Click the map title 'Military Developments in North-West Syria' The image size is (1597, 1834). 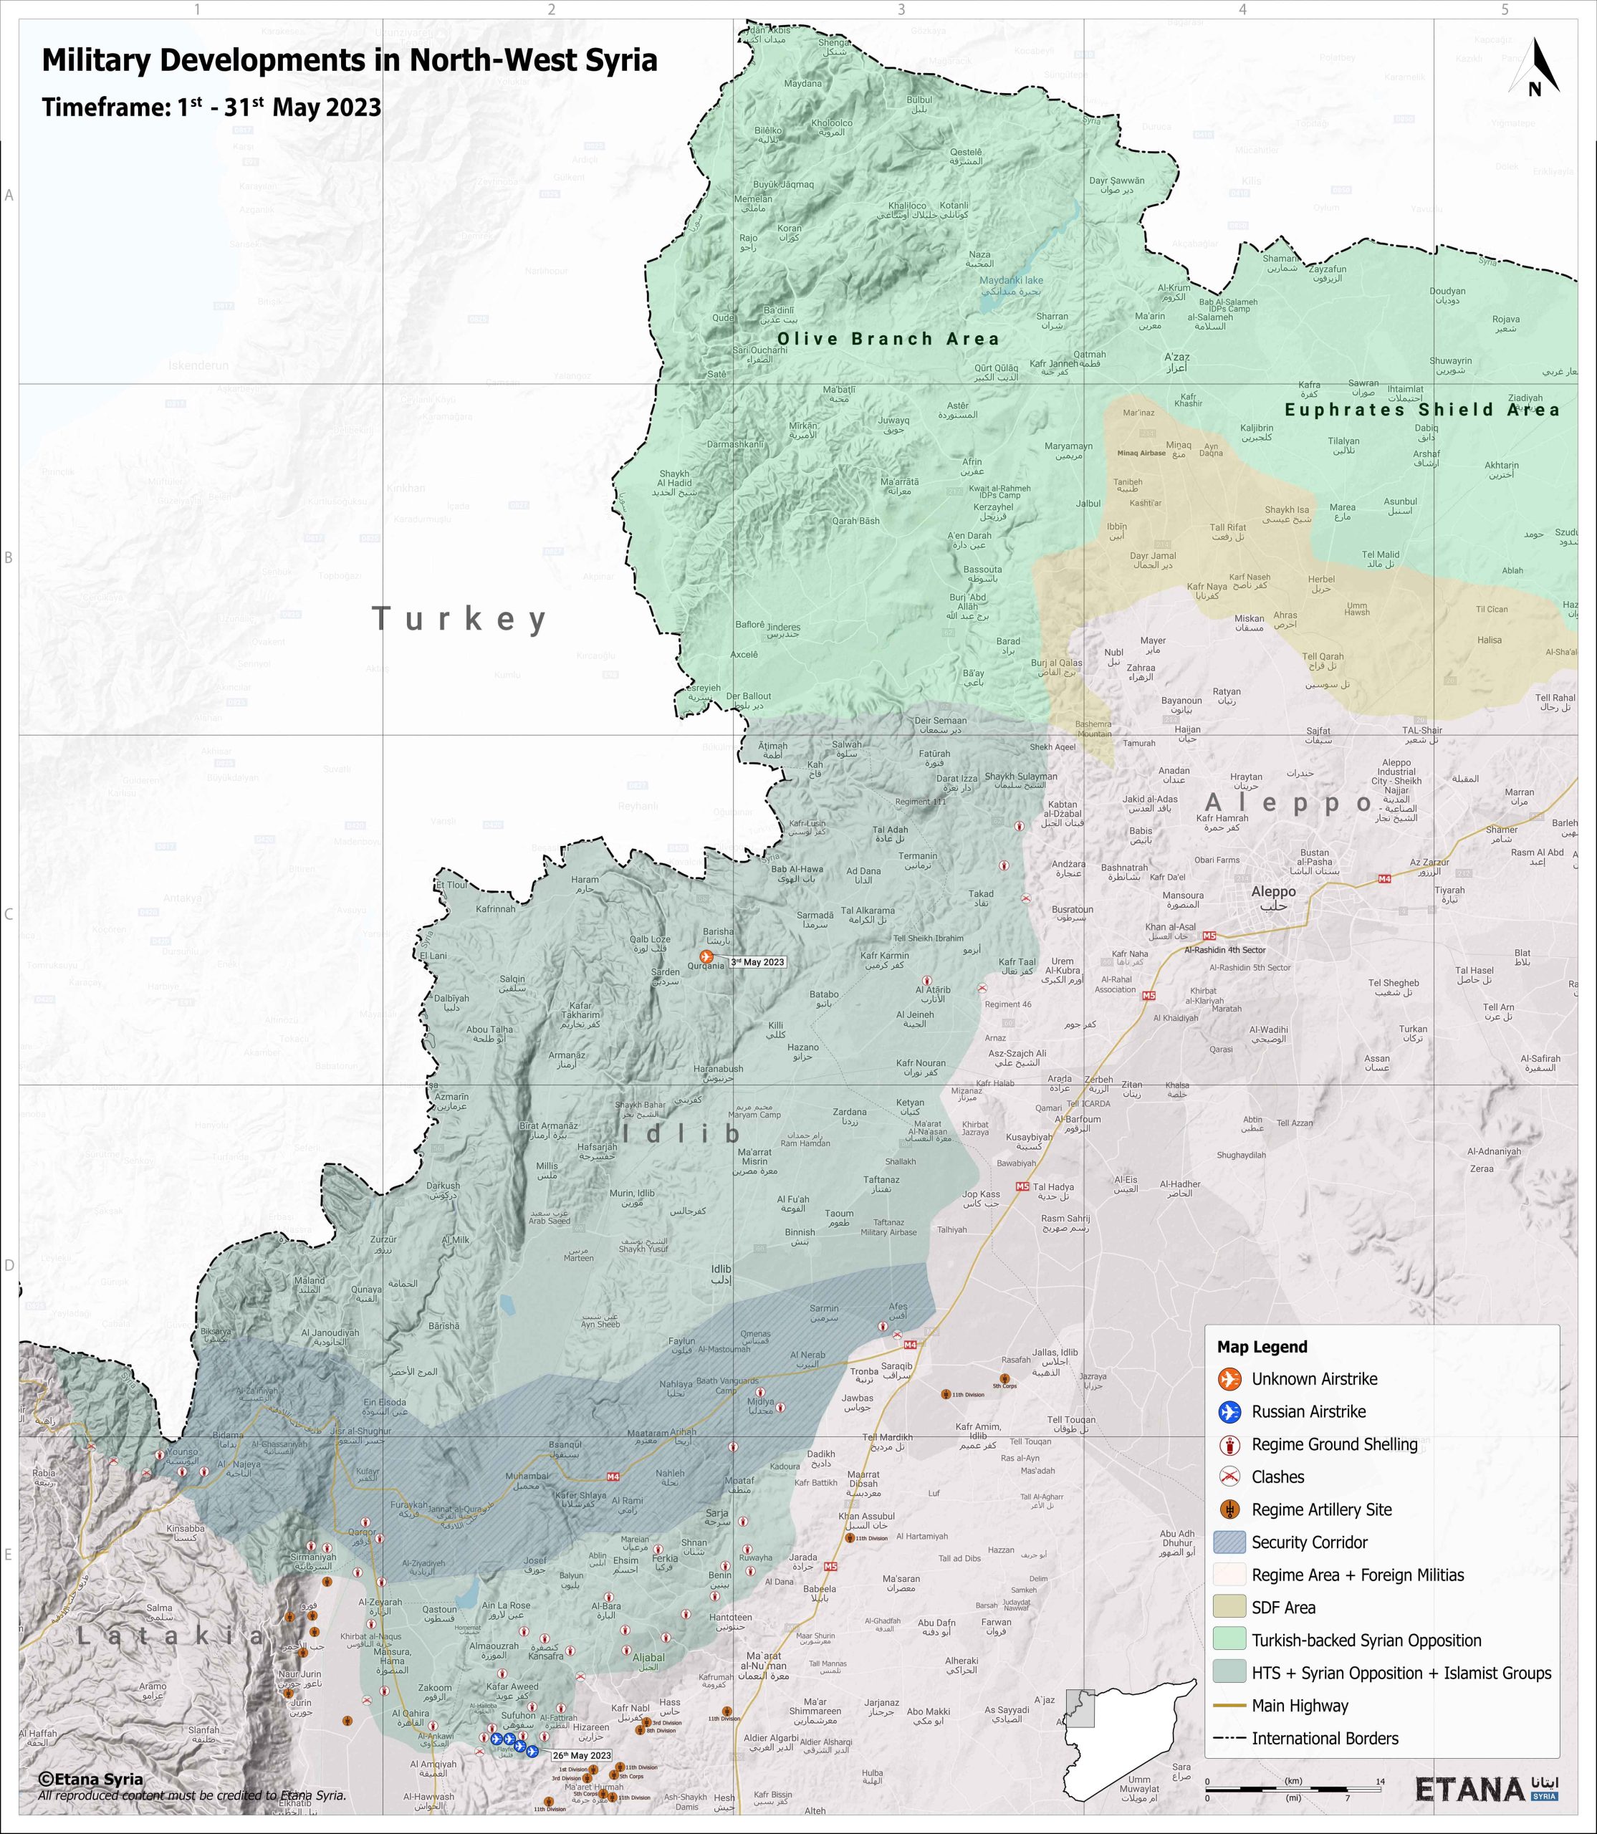350,61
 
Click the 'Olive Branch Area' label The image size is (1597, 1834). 888,339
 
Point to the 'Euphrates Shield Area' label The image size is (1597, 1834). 1421,410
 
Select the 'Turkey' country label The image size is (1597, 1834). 459,618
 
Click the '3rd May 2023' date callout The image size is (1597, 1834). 757,962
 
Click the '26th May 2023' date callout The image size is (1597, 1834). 582,1756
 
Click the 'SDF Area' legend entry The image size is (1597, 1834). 1282,1608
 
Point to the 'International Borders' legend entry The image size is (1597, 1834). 1324,1739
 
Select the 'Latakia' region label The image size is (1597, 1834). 169,1636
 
